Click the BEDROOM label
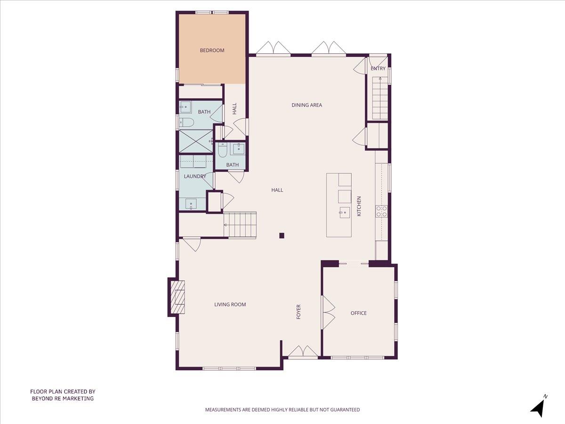click(x=212, y=50)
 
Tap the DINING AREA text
click(x=307, y=105)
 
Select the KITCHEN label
click(x=359, y=206)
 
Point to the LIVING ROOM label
click(x=230, y=305)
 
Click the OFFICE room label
click(x=358, y=313)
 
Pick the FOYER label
click(x=299, y=312)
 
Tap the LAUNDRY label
click(x=195, y=177)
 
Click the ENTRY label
click(x=378, y=68)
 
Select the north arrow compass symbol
click(x=539, y=407)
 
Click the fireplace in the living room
click(x=177, y=297)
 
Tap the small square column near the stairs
click(x=282, y=236)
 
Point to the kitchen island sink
click(x=345, y=213)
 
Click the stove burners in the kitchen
click(x=381, y=211)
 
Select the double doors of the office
click(x=328, y=312)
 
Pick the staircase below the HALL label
click(x=240, y=225)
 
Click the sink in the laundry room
click(x=191, y=204)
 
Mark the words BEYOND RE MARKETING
click(x=63, y=399)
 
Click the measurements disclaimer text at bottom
click(x=282, y=410)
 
